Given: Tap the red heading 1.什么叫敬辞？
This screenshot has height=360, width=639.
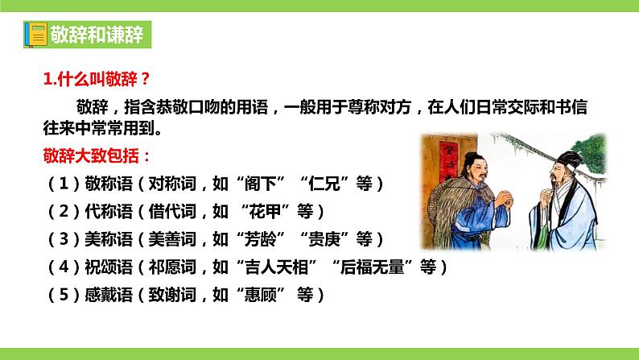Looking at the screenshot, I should click(x=97, y=78).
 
